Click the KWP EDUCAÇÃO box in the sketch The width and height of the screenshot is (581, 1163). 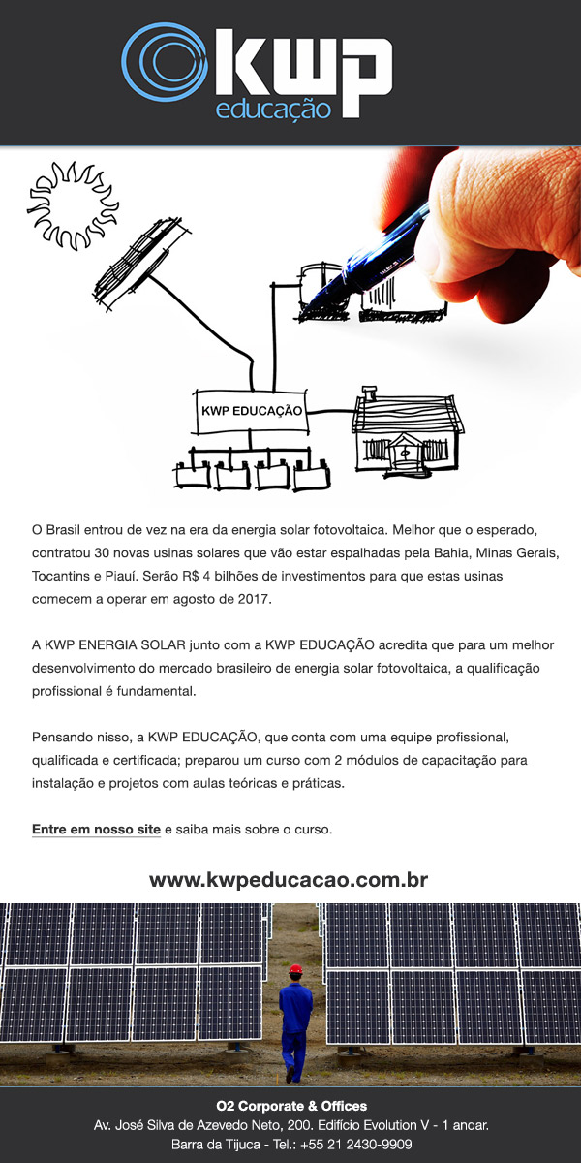pyautogui.click(x=251, y=411)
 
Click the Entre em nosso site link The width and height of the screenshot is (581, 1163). pyautogui.click(x=96, y=831)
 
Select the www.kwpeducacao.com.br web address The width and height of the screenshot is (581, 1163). pyautogui.click(x=289, y=880)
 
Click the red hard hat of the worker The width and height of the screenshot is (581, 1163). pyautogui.click(x=295, y=968)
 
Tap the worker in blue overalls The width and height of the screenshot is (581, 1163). pyautogui.click(x=294, y=1022)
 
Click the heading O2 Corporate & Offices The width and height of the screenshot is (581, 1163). pyautogui.click(x=290, y=1106)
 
